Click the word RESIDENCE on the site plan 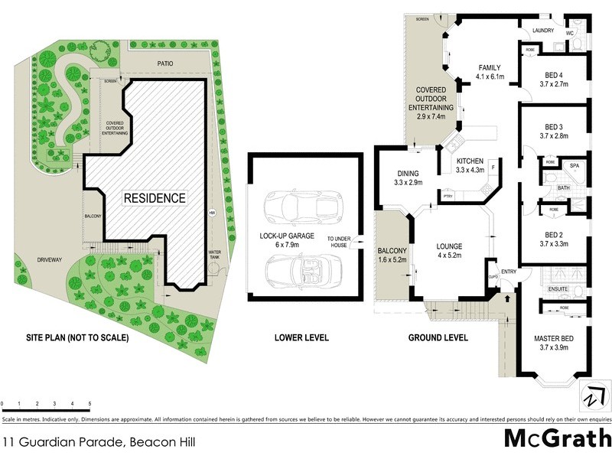click(x=155, y=197)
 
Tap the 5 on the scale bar click(x=90, y=403)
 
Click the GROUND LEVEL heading click(x=438, y=337)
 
